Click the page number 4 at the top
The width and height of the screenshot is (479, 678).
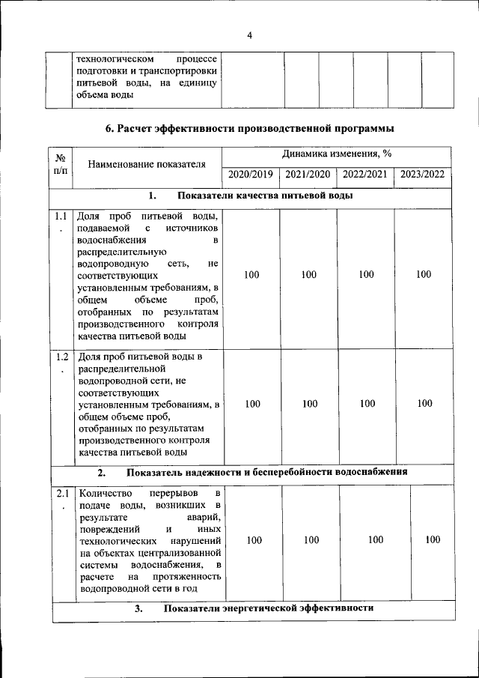tap(250, 35)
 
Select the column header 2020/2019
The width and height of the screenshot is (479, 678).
tap(251, 175)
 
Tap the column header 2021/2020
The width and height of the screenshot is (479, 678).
tap(308, 175)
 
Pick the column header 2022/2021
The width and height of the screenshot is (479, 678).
tap(365, 175)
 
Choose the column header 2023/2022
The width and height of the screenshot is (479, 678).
tap(423, 175)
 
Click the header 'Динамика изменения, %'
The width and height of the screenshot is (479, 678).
tap(337, 154)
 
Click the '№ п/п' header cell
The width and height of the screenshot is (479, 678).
tap(61, 164)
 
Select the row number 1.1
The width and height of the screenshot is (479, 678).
tap(61, 217)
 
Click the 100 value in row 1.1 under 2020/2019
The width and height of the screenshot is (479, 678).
tap(251, 275)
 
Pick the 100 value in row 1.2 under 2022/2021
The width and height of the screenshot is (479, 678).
tap(367, 404)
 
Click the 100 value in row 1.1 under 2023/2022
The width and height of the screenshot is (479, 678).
tap(424, 275)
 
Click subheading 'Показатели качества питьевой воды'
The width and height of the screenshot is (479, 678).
tap(265, 196)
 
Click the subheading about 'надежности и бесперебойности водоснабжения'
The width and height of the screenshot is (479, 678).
tap(266, 473)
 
